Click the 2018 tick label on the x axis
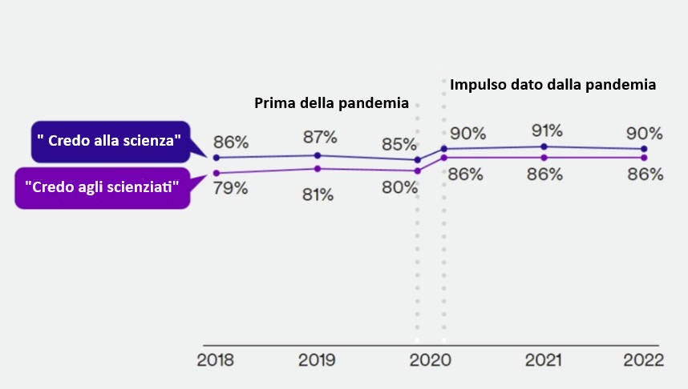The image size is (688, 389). click(216, 360)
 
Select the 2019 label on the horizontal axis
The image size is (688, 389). click(317, 360)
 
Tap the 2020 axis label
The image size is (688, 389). click(431, 360)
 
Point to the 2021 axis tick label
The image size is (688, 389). click(544, 360)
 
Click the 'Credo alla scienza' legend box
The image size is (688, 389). click(109, 140)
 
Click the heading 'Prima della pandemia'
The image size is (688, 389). click(332, 103)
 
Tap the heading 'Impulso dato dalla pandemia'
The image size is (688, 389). click(553, 83)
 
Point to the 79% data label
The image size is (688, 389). click(230, 189)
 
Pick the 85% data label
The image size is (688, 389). click(399, 145)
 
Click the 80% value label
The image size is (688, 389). click(399, 187)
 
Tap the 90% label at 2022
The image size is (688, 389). click(646, 133)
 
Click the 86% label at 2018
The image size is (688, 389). click(231, 143)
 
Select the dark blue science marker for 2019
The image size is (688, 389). click(318, 155)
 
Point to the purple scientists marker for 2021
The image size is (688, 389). click(544, 158)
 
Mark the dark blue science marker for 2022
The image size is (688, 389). click(646, 150)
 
